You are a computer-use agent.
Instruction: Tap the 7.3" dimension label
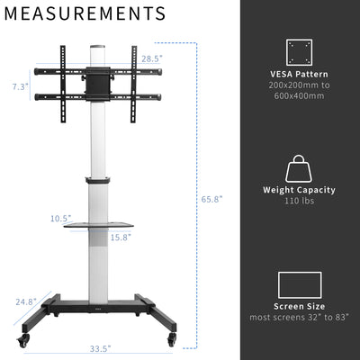19,86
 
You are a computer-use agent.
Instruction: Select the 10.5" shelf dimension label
60,218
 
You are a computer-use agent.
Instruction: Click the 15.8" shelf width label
120,238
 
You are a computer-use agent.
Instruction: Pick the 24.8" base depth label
25,302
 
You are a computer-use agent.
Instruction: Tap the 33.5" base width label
99,348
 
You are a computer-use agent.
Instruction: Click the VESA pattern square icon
299,51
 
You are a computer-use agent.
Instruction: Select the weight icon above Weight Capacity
299,168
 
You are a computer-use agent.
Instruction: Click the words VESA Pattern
299,73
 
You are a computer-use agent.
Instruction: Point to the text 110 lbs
299,202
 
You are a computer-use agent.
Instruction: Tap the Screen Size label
299,307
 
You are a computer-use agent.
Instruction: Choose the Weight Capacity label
299,190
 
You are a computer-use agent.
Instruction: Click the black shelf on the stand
98,226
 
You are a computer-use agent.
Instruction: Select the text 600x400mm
299,95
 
